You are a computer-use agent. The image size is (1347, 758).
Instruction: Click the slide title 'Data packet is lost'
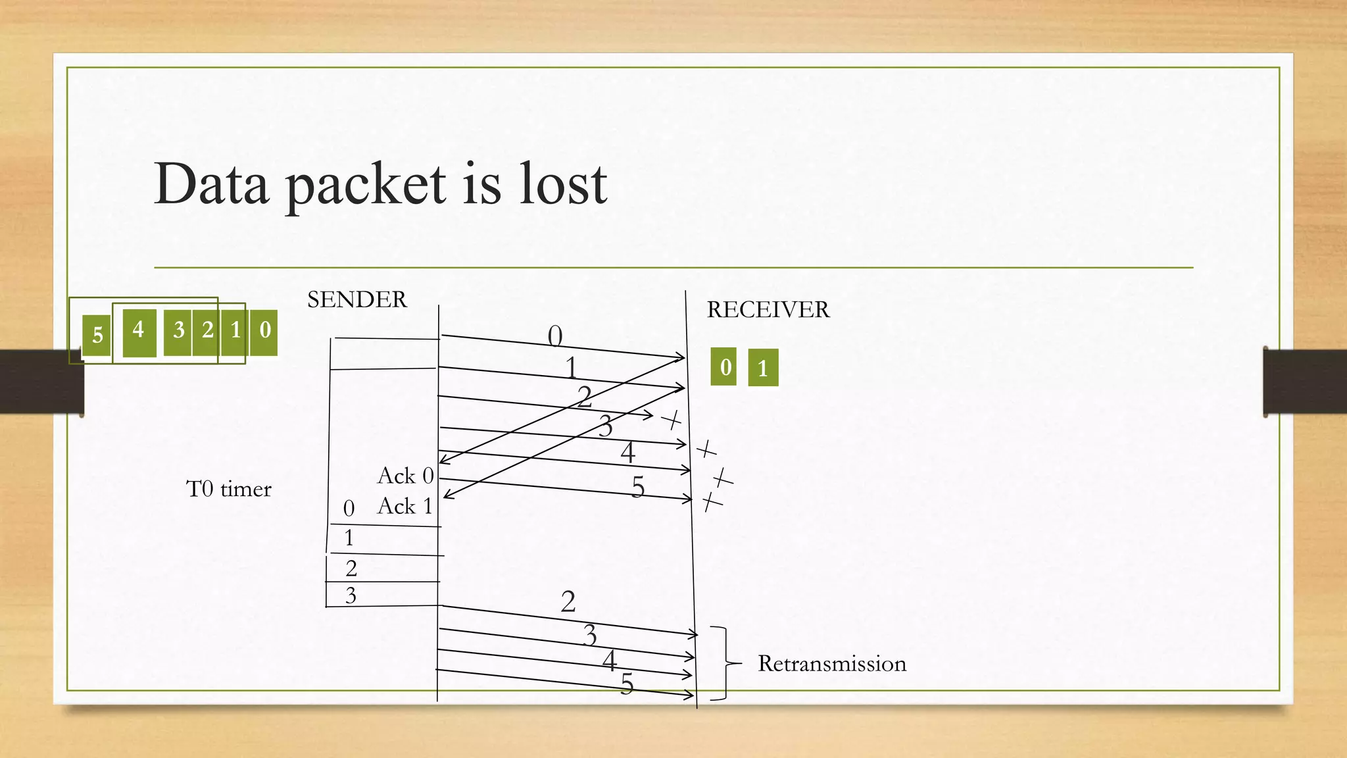(380, 184)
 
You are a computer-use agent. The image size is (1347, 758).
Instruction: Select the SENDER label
(356, 300)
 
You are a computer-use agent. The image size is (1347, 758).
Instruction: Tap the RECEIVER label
(768, 310)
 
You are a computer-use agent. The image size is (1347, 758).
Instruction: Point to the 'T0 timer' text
(229, 489)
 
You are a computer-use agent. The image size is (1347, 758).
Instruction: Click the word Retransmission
(832, 664)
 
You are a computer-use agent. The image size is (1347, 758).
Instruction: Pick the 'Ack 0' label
(405, 476)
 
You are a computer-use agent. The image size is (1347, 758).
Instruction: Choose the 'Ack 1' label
(405, 506)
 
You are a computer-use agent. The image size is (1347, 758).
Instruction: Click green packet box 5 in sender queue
(97, 336)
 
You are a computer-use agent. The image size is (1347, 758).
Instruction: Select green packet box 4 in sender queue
(139, 330)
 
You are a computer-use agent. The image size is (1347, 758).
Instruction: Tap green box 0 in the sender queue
(264, 330)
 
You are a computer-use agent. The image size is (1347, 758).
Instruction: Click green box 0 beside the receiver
(724, 366)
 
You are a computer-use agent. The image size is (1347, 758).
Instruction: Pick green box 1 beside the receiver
(763, 368)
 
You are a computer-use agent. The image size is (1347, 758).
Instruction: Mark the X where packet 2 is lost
(672, 419)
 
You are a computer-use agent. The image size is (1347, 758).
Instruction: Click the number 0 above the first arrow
(555, 336)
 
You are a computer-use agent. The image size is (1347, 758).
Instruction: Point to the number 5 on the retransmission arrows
(627, 684)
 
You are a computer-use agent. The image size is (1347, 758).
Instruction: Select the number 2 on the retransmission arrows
(568, 601)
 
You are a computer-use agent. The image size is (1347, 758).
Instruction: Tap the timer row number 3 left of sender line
(351, 595)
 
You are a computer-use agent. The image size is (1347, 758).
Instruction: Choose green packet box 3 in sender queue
(178, 330)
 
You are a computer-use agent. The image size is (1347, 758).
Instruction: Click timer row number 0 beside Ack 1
(349, 508)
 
